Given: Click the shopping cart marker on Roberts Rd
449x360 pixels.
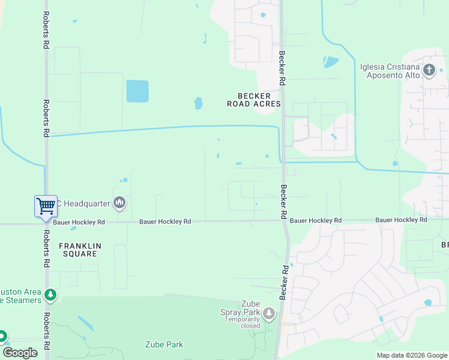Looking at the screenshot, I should pos(46,206).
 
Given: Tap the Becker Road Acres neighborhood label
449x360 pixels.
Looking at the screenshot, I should pos(254,100).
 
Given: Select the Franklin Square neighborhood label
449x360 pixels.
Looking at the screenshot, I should pos(78,250).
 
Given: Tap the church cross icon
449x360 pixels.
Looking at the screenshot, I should pos(429,70).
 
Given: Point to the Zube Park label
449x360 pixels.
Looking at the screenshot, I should pos(164,344).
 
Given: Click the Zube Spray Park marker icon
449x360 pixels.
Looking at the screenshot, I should pos(268,313).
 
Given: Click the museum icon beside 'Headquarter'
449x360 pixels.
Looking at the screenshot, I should pos(119,203).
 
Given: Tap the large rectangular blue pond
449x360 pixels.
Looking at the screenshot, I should pos(137,91).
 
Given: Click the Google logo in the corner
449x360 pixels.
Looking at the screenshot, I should pos(20,353).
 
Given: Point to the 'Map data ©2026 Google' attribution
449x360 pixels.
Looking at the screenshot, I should pos(411,355).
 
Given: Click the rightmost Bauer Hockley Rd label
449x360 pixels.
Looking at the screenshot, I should pos(401,220).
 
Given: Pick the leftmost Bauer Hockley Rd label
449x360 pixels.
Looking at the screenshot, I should pos(79,222).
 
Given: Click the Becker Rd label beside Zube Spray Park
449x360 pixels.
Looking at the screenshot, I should pos(284,282).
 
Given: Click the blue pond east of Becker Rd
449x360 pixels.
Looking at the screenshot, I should pos(331,61).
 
